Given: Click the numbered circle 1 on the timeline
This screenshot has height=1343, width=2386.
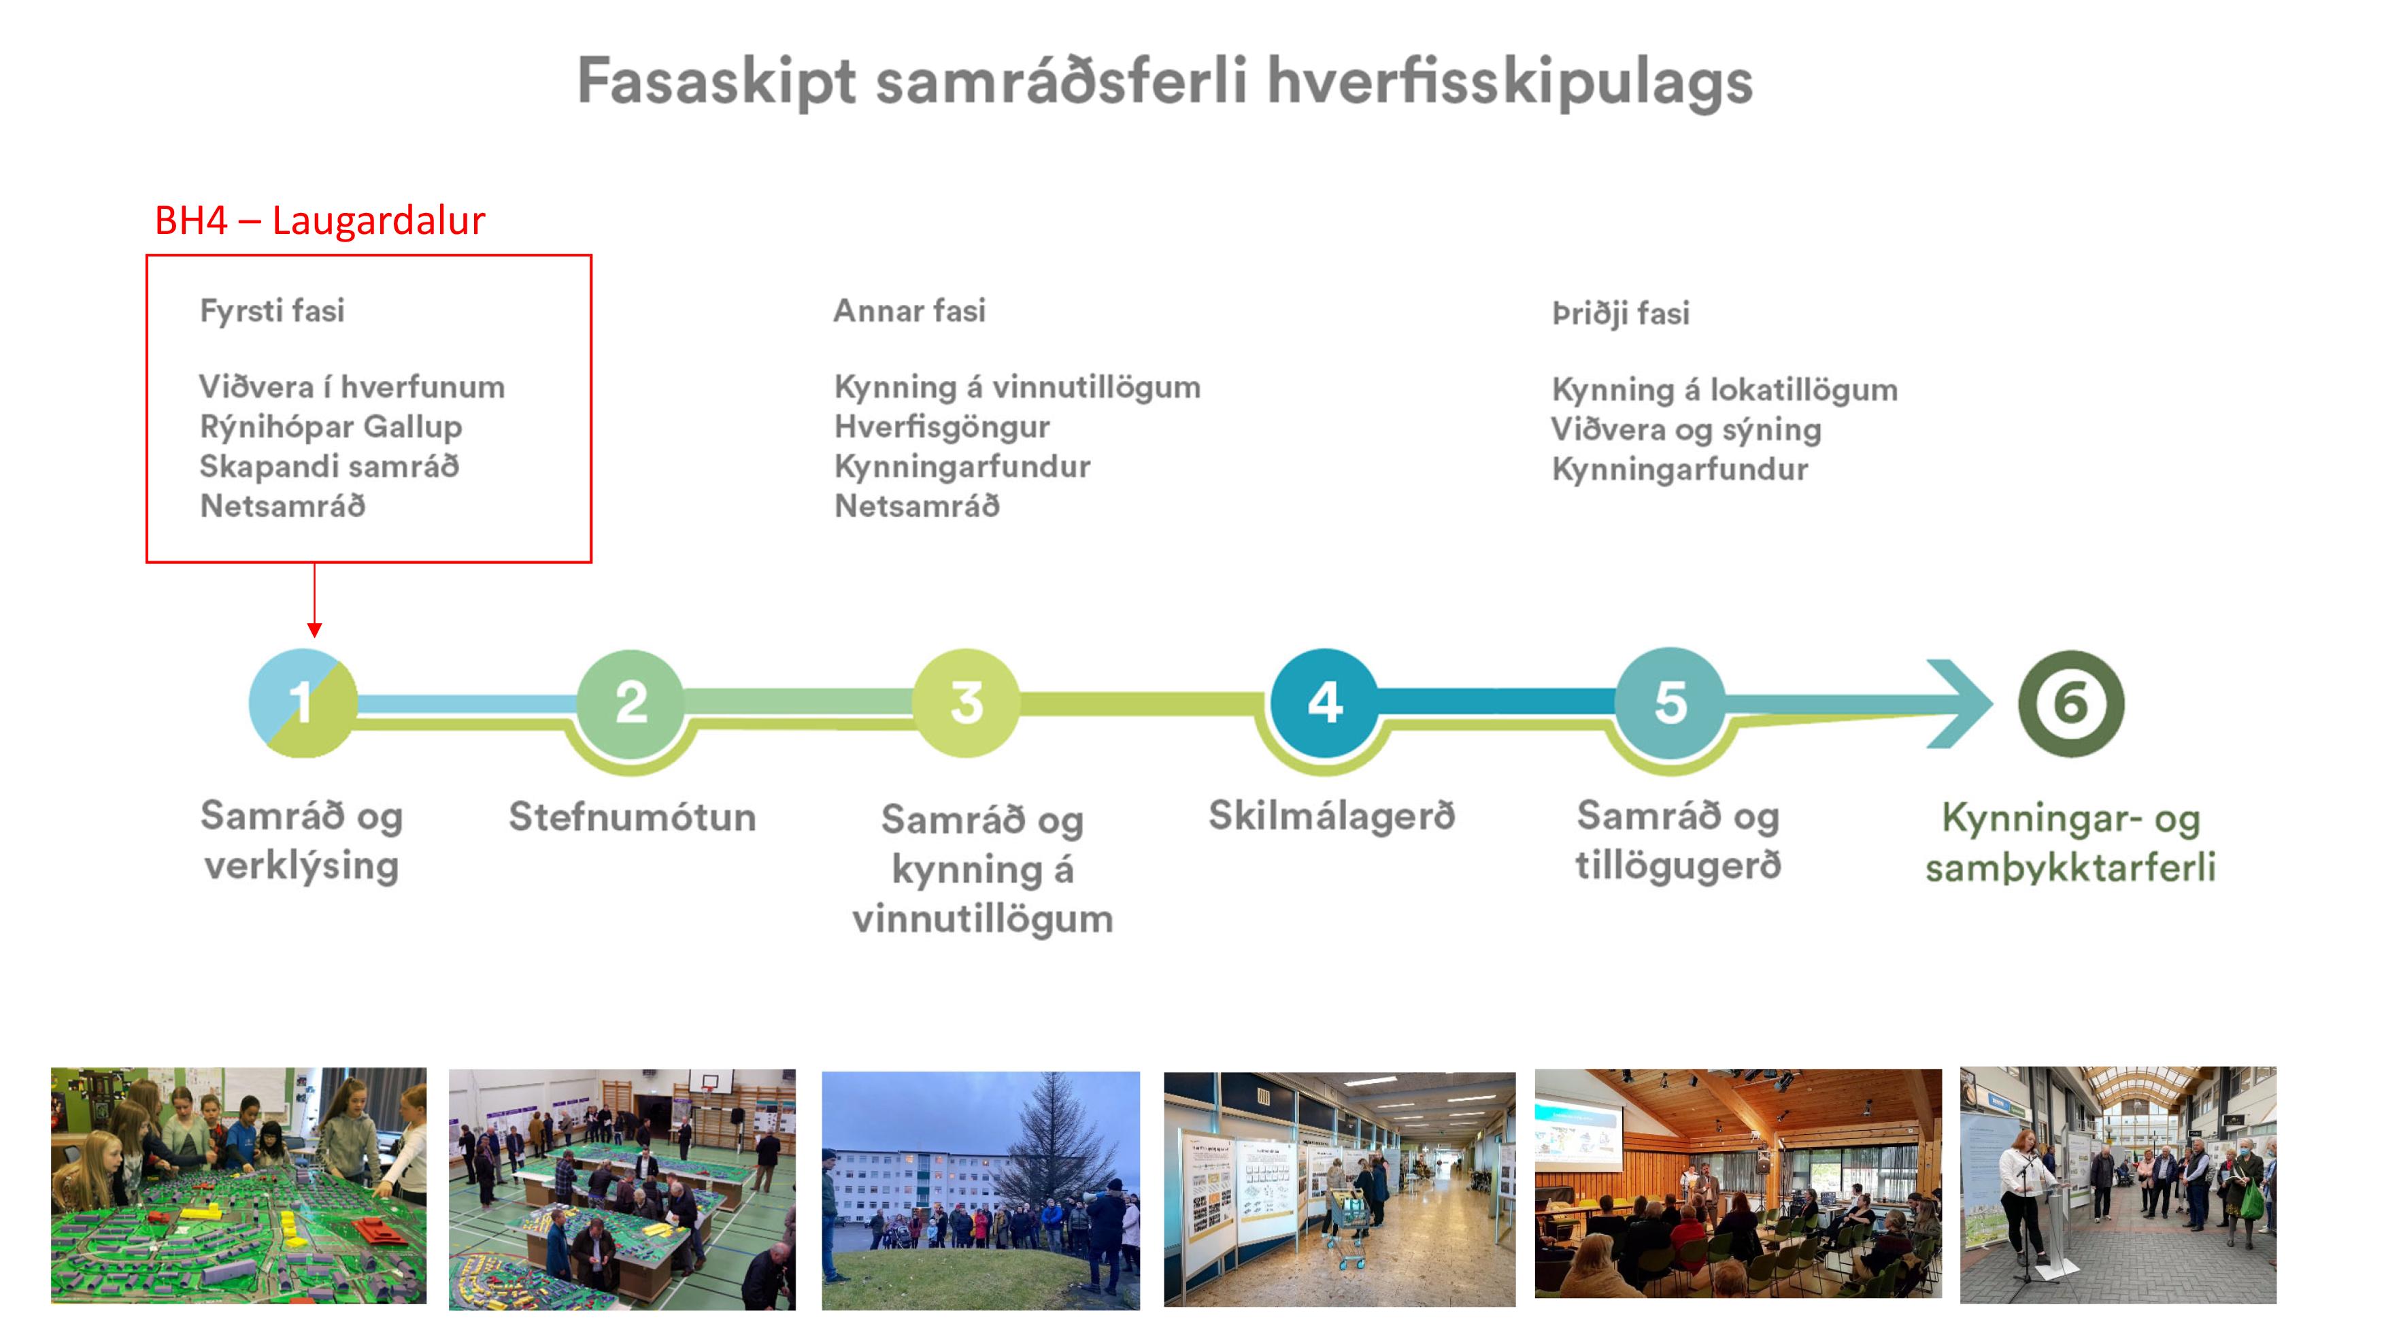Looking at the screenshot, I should point(303,703).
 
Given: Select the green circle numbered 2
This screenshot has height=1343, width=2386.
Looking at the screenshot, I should point(631,703).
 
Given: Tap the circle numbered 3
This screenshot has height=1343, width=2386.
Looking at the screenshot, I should point(966,703).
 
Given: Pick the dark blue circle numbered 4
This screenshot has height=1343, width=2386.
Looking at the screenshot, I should point(1324,703).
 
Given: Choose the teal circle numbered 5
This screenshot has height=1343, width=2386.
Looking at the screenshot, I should point(1670,703).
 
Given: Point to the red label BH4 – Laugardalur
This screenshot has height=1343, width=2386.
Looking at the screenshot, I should point(320,220).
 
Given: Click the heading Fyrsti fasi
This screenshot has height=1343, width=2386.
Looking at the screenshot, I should point(272,310).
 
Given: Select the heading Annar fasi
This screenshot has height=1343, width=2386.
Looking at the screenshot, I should point(909,310).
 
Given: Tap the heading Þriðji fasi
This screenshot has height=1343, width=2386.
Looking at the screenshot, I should point(1621,313).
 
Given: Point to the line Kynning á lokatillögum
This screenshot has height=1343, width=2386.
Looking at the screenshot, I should point(1725,389).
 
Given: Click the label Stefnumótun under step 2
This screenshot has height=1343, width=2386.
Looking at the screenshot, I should point(633,817).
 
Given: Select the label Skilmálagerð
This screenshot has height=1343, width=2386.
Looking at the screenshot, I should point(1332,816).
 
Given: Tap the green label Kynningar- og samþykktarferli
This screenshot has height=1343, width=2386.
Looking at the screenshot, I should point(2071,843).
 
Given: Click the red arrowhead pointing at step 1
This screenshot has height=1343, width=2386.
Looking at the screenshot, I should point(315,630).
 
